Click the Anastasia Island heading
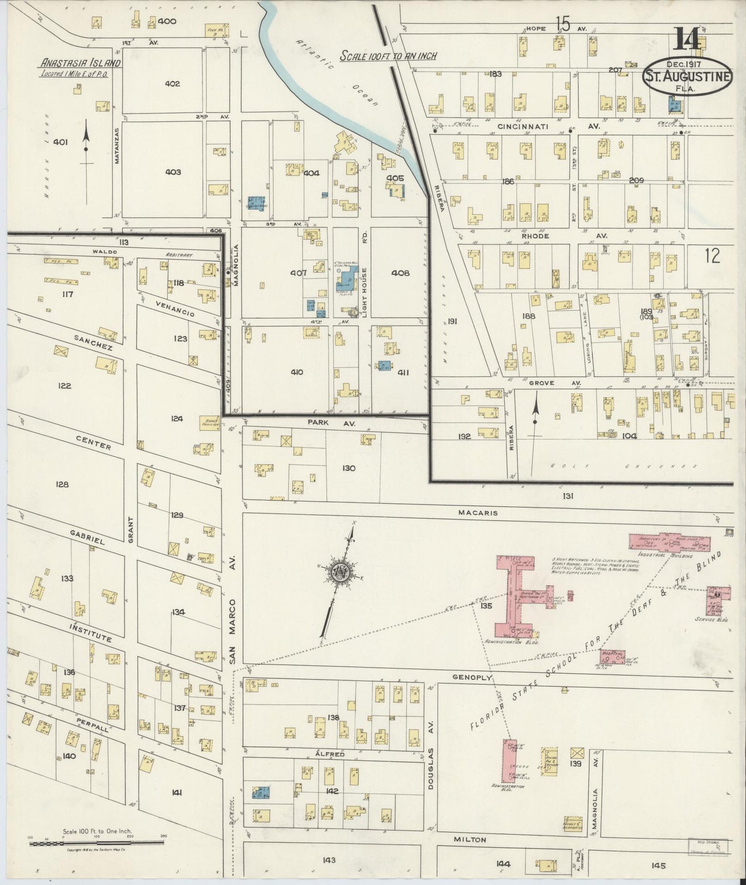81,64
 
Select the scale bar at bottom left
97,843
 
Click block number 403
172,172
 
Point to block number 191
452,321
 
